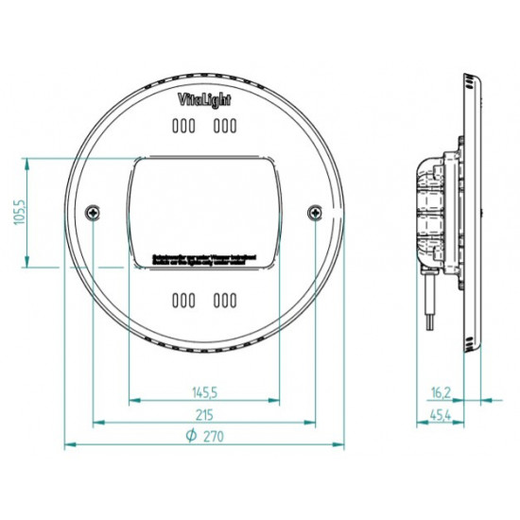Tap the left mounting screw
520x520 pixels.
click(92, 213)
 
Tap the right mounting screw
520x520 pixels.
click(314, 213)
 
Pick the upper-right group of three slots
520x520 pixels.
click(224, 126)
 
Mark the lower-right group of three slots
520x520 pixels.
click(224, 301)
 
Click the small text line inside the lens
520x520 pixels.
click(203, 256)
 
